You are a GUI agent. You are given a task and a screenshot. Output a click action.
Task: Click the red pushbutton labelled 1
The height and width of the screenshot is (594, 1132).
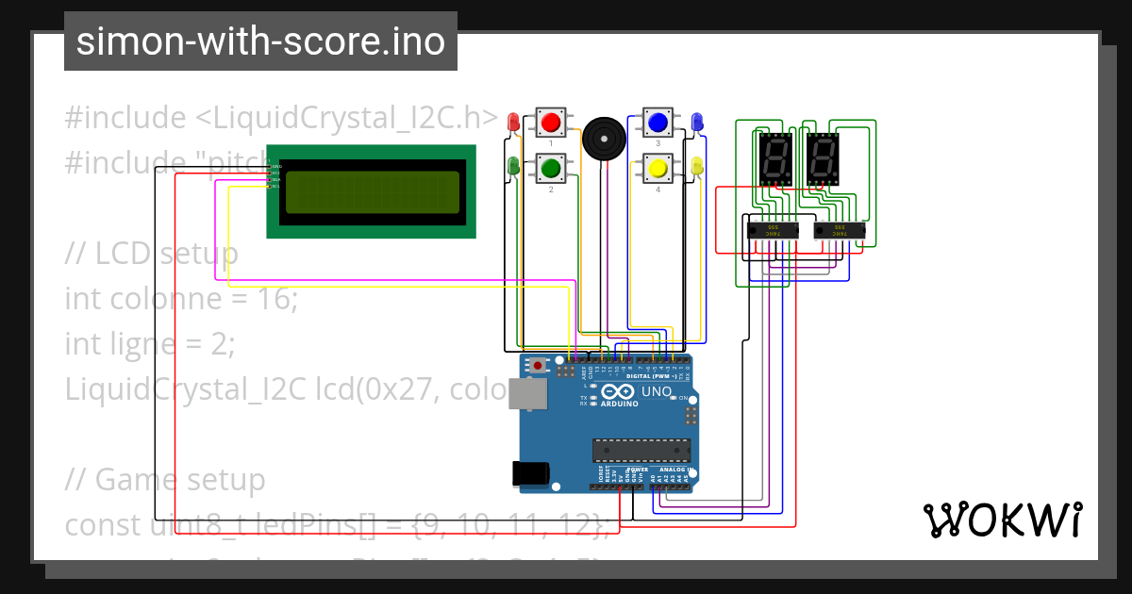[x=551, y=122]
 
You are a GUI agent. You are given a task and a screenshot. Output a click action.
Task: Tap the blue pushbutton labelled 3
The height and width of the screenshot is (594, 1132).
[x=658, y=122]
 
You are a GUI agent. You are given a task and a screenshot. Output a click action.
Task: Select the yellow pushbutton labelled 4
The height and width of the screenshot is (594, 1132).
[x=658, y=168]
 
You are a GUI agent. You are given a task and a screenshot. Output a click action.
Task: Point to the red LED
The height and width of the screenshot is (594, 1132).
[x=513, y=122]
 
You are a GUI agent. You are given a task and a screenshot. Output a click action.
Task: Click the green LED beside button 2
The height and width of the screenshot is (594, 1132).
[x=513, y=167]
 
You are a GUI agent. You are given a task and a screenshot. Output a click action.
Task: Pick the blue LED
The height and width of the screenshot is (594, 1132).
[x=697, y=122]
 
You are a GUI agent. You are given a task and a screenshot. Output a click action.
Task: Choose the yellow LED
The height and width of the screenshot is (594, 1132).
[x=697, y=167]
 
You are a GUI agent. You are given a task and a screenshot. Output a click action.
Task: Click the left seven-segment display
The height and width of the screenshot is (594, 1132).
[x=774, y=158]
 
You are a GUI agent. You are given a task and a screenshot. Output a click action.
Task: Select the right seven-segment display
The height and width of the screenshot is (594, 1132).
[x=822, y=158]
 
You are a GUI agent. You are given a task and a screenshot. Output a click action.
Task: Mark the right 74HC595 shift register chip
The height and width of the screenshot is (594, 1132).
[x=840, y=229]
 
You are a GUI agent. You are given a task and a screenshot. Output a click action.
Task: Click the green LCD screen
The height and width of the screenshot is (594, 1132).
[x=371, y=191]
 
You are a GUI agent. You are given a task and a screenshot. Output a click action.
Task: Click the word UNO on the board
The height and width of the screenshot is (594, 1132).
[x=657, y=392]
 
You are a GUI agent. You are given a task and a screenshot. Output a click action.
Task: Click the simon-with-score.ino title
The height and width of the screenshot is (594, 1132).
[x=260, y=41]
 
